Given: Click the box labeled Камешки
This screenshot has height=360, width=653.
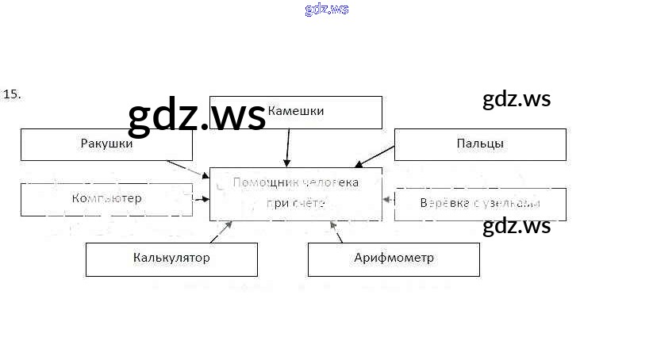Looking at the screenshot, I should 295,112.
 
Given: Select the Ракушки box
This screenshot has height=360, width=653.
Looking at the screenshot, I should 106,144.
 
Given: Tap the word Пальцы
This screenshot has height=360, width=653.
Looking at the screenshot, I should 480,144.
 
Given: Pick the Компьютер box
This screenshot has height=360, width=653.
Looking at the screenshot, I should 106,198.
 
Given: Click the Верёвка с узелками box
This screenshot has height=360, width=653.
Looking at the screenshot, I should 480,204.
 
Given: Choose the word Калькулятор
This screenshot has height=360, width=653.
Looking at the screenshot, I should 171,259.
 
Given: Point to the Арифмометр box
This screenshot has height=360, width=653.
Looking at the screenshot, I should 394,259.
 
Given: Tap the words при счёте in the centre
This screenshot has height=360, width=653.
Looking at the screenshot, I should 296,203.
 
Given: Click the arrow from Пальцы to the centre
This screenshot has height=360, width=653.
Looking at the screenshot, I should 375,157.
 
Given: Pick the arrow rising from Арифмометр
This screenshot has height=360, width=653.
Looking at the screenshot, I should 338,232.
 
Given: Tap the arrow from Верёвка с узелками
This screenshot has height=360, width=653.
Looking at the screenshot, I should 388,200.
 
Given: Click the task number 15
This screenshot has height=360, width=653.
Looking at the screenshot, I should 12,94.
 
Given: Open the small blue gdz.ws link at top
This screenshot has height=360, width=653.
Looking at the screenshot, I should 326,10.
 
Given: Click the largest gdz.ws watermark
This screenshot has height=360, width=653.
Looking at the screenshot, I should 197,117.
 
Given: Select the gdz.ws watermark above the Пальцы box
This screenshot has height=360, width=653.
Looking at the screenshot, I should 516,100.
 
